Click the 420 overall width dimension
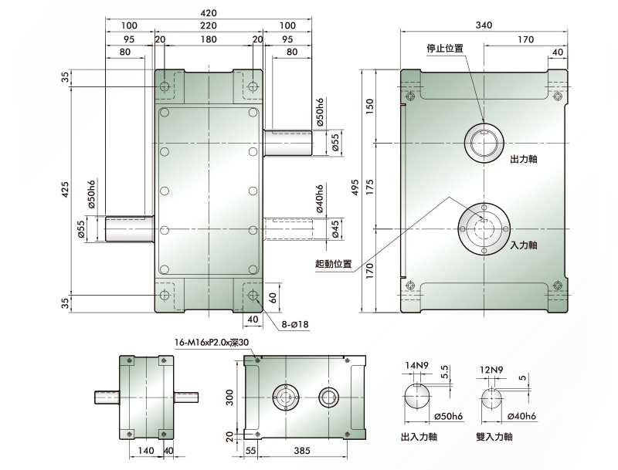click(209, 12)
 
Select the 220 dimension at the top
click(209, 25)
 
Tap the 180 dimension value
click(209, 39)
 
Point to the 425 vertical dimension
click(65, 190)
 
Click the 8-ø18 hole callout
click(295, 325)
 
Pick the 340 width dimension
click(484, 25)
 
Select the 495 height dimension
click(355, 188)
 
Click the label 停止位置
click(445, 49)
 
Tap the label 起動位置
click(334, 264)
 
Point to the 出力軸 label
click(524, 160)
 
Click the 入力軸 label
click(524, 245)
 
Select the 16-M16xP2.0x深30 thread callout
click(212, 343)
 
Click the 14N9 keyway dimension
click(416, 366)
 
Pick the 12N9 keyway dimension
click(491, 370)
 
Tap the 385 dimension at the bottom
click(302, 451)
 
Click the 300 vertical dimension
click(230, 397)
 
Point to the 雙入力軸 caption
click(494, 437)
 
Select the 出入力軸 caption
click(419, 437)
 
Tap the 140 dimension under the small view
click(146, 451)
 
